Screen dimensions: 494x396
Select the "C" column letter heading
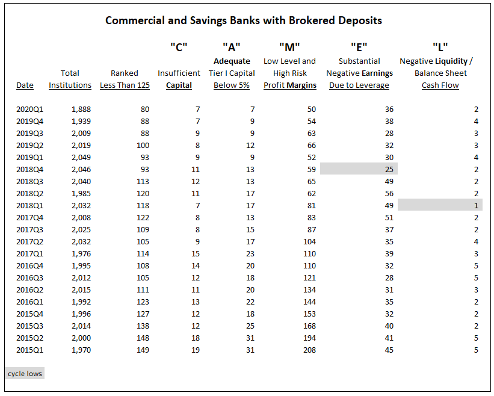pyautogui.click(x=179, y=48)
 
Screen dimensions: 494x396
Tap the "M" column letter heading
pyautogui.click(x=289, y=48)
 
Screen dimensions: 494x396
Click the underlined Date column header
pyautogui.click(x=25, y=85)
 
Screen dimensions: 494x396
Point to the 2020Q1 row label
pyautogui.click(x=29, y=110)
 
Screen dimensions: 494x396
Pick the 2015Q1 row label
pyautogui.click(x=29, y=350)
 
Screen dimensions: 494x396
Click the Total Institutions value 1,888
pyautogui.click(x=81, y=110)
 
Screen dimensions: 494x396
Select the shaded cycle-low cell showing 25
pyautogui.click(x=359, y=169)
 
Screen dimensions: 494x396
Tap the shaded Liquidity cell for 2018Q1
pyautogui.click(x=440, y=205)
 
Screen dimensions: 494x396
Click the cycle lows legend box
pyautogui.click(x=25, y=374)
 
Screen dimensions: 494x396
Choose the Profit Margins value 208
pyautogui.click(x=309, y=350)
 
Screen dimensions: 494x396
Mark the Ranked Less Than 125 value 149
pyautogui.click(x=143, y=350)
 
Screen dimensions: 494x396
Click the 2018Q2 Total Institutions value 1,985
pyautogui.click(x=81, y=193)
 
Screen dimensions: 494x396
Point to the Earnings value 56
pyautogui.click(x=389, y=193)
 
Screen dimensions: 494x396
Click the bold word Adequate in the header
pyautogui.click(x=232, y=61)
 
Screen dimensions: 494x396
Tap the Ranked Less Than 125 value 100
pyautogui.click(x=143, y=145)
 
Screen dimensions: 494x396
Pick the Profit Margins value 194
pyautogui.click(x=309, y=338)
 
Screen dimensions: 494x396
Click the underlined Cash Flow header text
pyautogui.click(x=440, y=85)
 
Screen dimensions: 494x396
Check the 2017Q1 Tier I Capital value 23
pyautogui.click(x=250, y=253)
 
